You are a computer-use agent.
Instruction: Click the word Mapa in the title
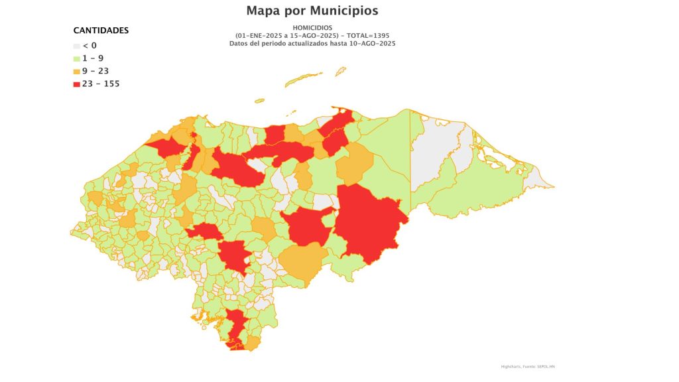pyautogui.click(x=264, y=11)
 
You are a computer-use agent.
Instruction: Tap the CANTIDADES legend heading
pyautogui.click(x=101, y=31)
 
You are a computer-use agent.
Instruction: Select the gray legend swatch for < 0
pyautogui.click(x=76, y=46)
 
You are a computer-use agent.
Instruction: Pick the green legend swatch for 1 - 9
pyautogui.click(x=76, y=58)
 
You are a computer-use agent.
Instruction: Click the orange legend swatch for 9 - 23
pyautogui.click(x=76, y=71)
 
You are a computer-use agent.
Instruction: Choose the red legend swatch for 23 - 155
pyautogui.click(x=76, y=84)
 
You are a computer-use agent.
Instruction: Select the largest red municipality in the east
pyautogui.click(x=368, y=222)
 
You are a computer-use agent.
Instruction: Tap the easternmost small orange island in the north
pyautogui.click(x=340, y=70)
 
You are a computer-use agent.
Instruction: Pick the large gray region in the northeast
pyautogui.click(x=441, y=153)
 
